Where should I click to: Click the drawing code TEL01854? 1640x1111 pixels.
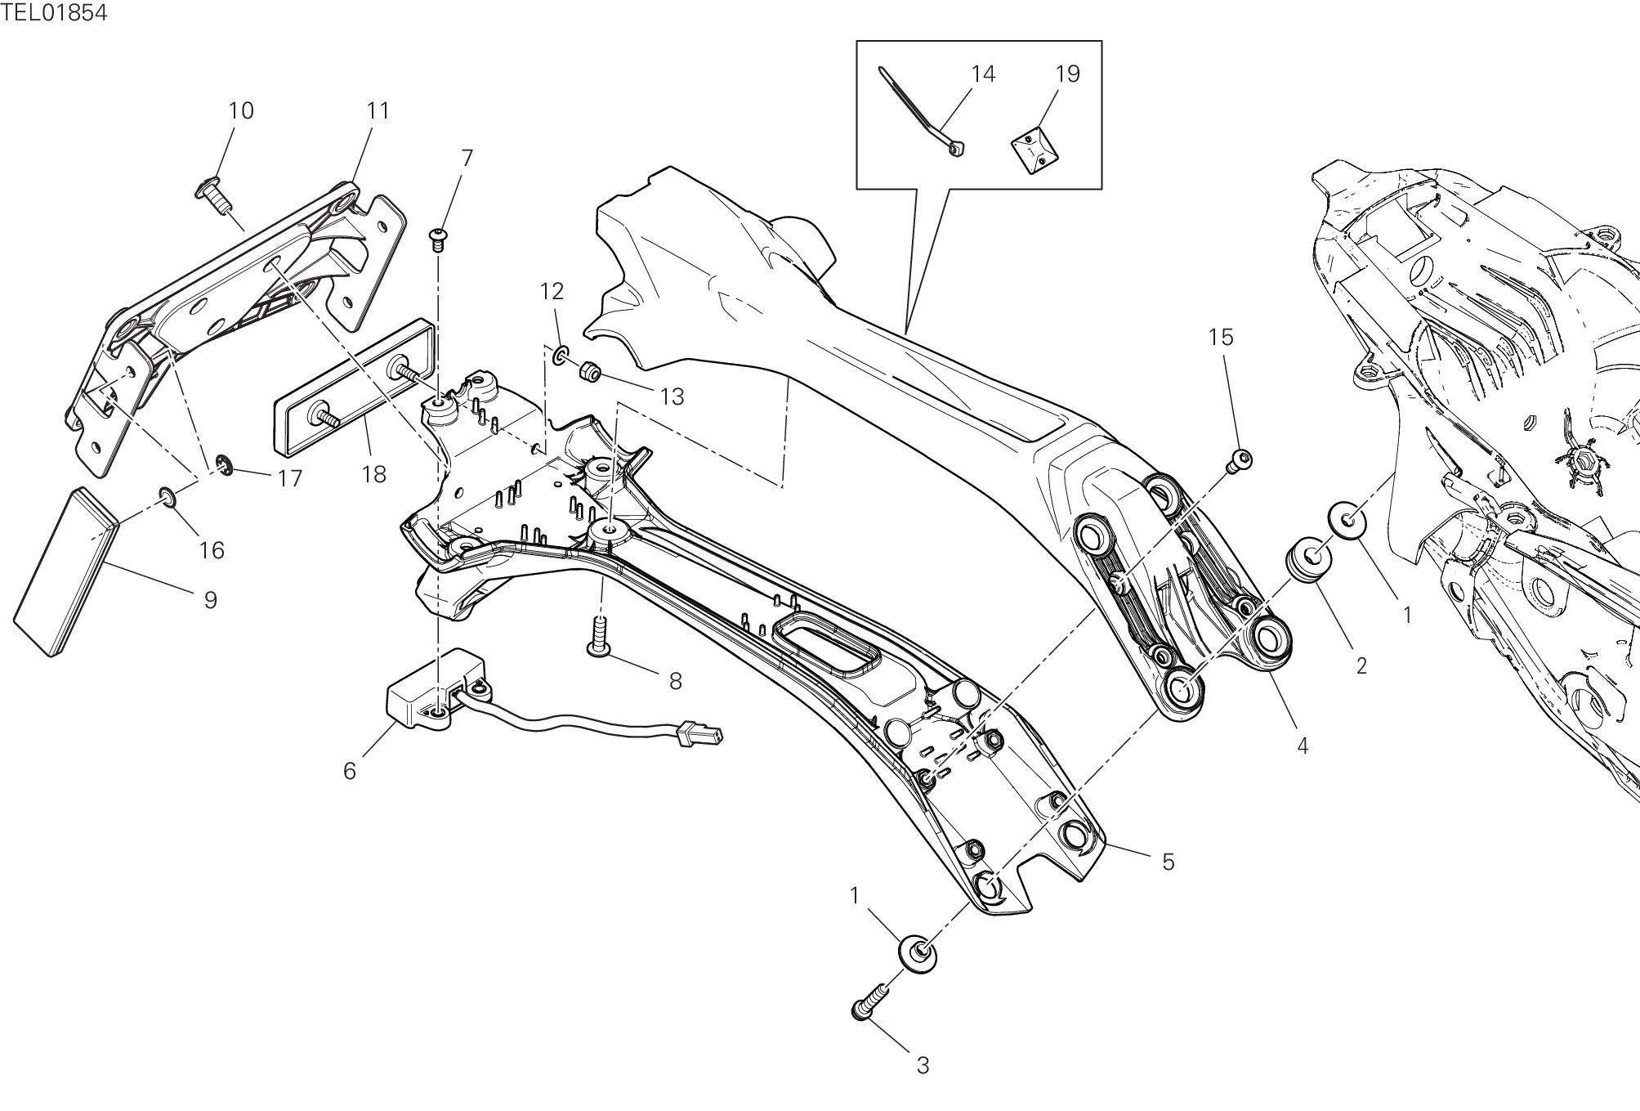(54, 13)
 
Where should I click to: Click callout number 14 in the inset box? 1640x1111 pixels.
(983, 74)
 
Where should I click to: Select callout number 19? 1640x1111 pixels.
(1067, 74)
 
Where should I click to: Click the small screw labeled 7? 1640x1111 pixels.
(440, 239)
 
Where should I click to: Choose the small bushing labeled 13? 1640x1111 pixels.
(590, 373)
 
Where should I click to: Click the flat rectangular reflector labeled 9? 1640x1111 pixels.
(65, 570)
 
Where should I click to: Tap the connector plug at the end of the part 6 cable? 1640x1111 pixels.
(700, 733)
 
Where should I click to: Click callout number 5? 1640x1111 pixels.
(1168, 862)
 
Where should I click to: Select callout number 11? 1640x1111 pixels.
(377, 111)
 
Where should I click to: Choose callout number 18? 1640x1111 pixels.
(373, 474)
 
